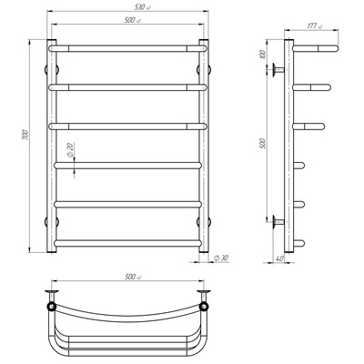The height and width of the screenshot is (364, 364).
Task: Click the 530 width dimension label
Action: pos(142,7)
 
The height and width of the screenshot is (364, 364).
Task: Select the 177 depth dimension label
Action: pos(314,26)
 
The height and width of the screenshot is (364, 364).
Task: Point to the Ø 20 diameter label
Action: pos(70,150)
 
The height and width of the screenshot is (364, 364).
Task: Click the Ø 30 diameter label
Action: pos(221,258)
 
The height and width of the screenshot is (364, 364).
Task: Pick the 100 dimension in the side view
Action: pos(263,54)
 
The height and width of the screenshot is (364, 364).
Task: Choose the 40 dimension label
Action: pos(279,258)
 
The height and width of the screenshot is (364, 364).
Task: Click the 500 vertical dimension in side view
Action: pos(263,143)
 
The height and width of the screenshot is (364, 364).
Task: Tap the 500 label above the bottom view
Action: pos(132,277)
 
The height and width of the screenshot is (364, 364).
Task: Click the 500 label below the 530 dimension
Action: pos(132,20)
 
